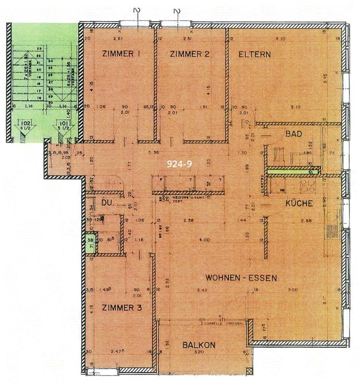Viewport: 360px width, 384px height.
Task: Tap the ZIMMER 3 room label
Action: tap(122, 308)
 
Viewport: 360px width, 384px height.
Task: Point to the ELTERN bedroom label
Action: tap(255, 54)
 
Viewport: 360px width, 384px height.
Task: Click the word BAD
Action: tap(293, 134)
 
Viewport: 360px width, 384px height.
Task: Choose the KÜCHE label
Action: tap(299, 203)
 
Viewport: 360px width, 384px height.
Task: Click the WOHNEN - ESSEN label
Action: tap(241, 278)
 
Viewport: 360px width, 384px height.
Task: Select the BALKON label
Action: tap(199, 345)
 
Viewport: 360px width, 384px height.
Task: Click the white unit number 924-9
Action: tap(179, 164)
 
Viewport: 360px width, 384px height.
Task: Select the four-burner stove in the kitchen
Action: tap(308, 186)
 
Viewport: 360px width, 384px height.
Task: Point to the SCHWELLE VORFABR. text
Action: tap(225, 324)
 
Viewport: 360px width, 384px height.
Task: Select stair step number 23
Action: tap(39, 49)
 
